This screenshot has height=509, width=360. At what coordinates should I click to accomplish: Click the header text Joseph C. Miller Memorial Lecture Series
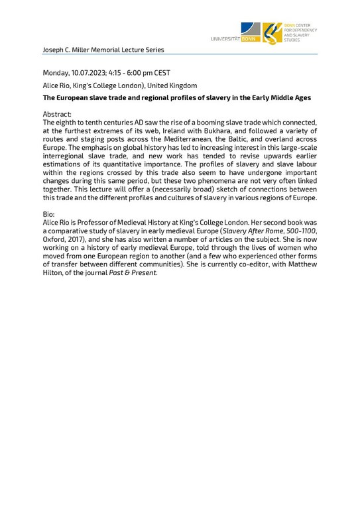point(103,50)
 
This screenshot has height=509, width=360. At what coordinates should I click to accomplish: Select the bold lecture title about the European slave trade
point(177,98)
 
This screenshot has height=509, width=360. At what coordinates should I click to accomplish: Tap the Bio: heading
point(50,215)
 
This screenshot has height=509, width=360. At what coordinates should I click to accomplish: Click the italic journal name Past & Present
point(136,274)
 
